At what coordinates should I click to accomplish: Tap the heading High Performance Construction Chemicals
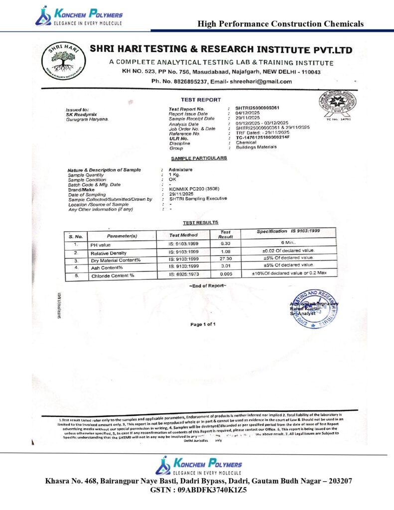(x=280, y=23)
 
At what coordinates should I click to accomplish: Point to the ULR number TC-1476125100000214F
(x=263, y=137)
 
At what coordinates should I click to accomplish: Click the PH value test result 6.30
(x=225, y=244)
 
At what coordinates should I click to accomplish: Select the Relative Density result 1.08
(x=225, y=253)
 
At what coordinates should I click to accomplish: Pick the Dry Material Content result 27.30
(x=225, y=259)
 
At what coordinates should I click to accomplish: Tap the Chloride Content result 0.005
(x=225, y=274)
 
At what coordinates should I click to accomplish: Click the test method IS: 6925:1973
(x=184, y=274)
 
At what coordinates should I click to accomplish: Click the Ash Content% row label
(x=107, y=267)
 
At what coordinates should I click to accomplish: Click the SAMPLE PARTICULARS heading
(x=199, y=158)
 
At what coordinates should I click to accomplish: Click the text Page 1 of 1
(x=203, y=324)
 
